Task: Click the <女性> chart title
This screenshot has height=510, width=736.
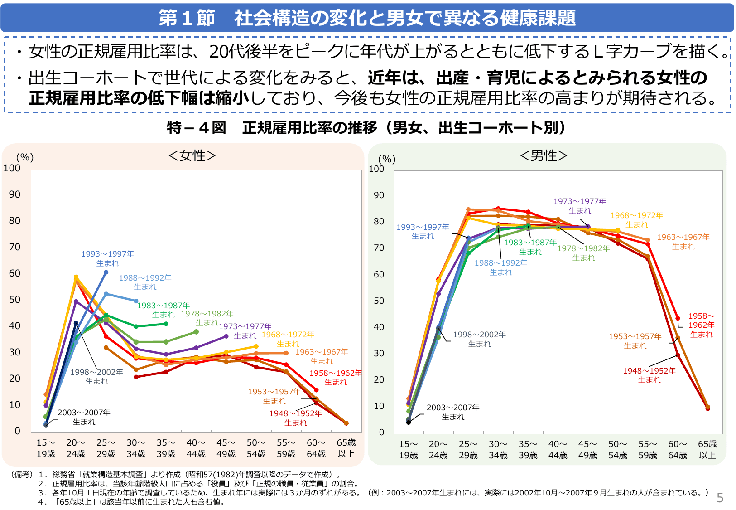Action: [192, 155]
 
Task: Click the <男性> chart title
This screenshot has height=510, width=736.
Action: [544, 155]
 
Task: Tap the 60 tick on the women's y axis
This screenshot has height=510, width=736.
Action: [14, 273]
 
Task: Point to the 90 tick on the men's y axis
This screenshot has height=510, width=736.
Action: [379, 195]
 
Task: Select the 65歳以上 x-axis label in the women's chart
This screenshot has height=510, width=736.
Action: [346, 448]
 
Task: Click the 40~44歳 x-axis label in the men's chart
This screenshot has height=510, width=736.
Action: [558, 449]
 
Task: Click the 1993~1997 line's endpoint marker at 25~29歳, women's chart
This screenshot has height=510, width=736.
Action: [106, 272]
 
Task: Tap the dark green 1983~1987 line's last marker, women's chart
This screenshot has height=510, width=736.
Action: [166, 324]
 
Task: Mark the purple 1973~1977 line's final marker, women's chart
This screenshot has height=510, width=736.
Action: [226, 336]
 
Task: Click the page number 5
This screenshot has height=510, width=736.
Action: [720, 498]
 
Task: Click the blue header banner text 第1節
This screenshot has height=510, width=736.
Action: [187, 18]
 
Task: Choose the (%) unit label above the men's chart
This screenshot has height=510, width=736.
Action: [387, 159]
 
